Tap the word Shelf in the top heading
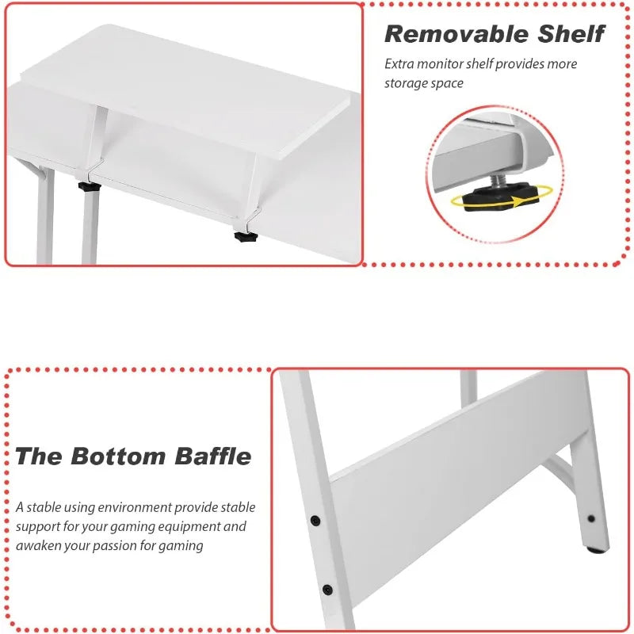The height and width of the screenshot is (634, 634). click(x=570, y=34)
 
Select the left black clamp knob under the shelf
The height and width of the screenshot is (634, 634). click(x=89, y=188)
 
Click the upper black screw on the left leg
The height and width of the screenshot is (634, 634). click(x=315, y=521)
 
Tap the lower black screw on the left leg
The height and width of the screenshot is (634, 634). click(x=327, y=589)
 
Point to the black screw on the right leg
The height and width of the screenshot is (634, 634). click(x=591, y=519)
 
